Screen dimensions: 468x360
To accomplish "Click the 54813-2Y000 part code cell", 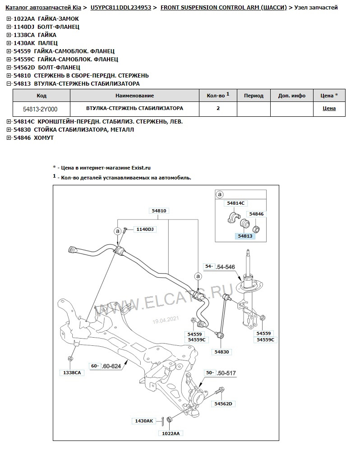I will [41, 109].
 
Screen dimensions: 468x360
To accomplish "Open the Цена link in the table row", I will [329, 109].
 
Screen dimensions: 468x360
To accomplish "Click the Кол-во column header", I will [218, 95].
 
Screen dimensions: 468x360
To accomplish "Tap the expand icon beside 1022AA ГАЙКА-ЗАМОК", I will [9, 18].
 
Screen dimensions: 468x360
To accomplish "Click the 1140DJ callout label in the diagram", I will [144, 229].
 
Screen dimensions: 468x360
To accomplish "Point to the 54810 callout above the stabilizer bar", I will [159, 211].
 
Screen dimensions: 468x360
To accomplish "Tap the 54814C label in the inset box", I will [236, 203].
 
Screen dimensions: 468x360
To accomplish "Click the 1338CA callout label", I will [72, 372].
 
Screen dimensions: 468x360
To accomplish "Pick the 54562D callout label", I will [223, 404].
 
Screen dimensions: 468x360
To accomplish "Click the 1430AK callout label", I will [144, 421].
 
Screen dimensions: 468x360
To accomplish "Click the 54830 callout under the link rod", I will [222, 352].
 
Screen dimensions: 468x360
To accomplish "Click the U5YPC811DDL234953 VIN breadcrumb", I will [120, 8].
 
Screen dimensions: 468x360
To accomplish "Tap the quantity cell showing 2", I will [218, 109].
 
